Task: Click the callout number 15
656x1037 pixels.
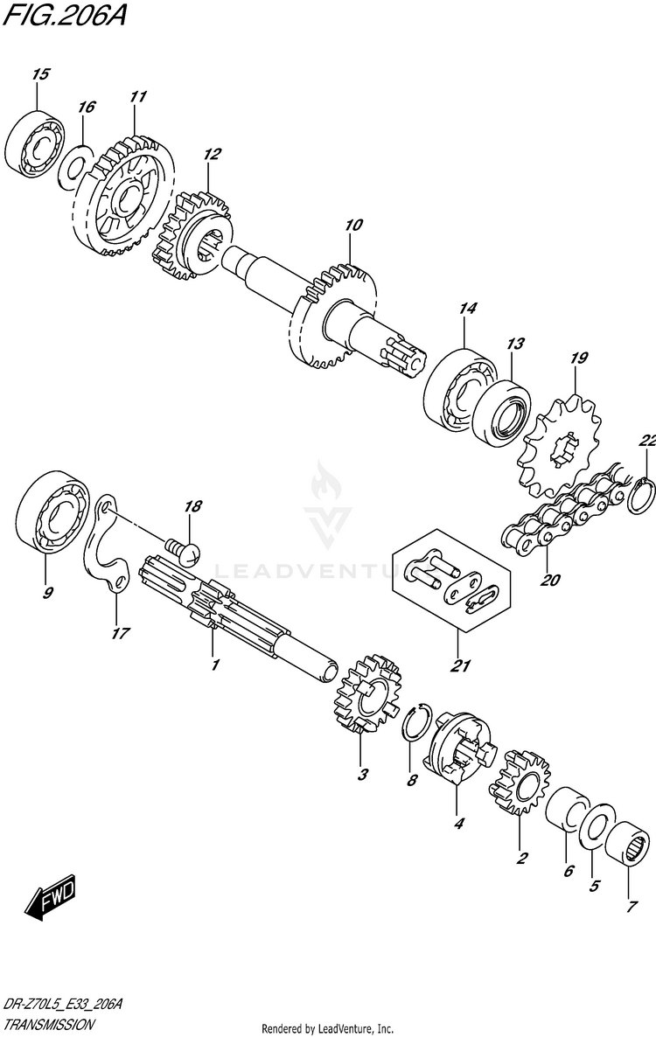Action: (x=39, y=75)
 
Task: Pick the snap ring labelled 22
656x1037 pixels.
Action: (x=642, y=493)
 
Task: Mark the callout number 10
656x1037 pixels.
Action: (x=352, y=226)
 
